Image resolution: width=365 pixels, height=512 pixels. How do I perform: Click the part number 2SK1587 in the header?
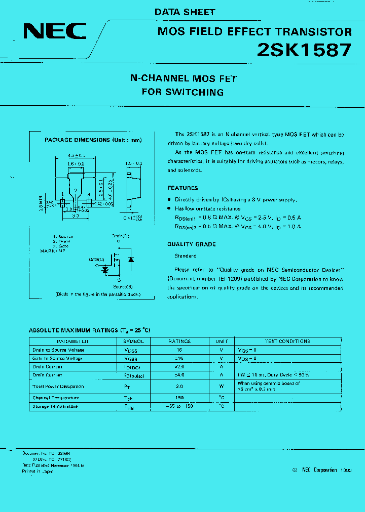(x=304, y=50)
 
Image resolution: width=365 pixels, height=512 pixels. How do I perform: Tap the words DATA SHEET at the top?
(x=185, y=12)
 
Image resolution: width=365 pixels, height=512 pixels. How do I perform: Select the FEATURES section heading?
(x=182, y=188)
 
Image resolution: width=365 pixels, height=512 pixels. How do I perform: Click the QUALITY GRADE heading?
(x=192, y=244)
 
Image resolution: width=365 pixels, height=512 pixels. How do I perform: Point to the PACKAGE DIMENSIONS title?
(x=93, y=140)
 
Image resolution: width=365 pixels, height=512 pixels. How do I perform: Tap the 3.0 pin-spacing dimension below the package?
(x=76, y=216)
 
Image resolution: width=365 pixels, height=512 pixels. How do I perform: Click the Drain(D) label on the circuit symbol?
(x=120, y=236)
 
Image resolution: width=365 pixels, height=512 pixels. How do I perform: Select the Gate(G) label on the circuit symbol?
(x=96, y=259)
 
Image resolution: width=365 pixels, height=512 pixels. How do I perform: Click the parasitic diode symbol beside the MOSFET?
(x=131, y=260)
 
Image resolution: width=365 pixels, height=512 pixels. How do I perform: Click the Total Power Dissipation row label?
(x=58, y=387)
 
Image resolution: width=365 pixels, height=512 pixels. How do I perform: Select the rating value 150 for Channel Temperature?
(x=179, y=398)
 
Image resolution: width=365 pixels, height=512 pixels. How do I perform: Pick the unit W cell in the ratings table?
(x=221, y=387)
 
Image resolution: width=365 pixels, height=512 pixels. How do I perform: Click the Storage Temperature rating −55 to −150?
(x=179, y=406)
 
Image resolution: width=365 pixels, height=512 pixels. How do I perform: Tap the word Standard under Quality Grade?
(x=186, y=256)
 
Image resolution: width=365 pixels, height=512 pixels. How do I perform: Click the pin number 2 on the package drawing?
(x=75, y=191)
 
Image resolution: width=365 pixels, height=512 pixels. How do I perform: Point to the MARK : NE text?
(x=53, y=250)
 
